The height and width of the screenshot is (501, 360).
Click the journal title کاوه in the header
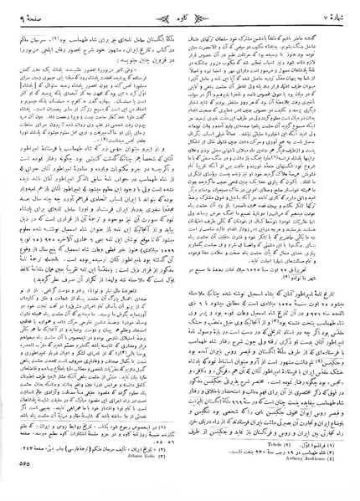180,12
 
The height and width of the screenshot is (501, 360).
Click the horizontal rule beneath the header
180,22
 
